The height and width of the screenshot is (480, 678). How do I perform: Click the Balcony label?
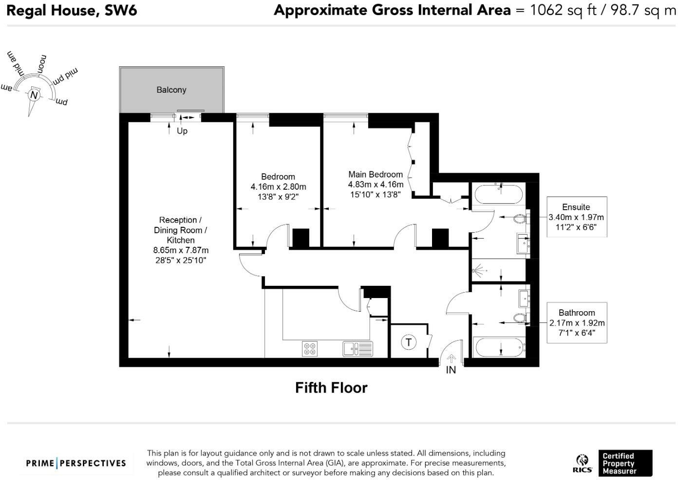(x=171, y=90)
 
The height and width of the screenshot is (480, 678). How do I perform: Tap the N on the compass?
(x=34, y=95)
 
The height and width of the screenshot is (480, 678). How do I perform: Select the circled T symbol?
(x=408, y=342)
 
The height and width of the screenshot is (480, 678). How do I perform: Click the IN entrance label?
(x=451, y=370)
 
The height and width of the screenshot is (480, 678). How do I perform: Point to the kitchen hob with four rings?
(x=310, y=348)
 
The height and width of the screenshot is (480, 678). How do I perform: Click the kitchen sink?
(x=358, y=348)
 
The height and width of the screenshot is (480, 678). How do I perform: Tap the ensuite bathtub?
(x=498, y=195)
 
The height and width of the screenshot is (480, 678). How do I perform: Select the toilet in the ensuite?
(x=520, y=219)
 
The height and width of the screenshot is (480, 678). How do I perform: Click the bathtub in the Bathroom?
(x=499, y=347)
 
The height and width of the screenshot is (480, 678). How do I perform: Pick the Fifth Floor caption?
(x=331, y=388)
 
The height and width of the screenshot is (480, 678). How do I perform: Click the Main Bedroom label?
(x=375, y=174)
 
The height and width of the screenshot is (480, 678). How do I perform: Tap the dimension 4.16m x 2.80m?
(x=278, y=187)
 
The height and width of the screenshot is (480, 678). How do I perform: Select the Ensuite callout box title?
(x=576, y=207)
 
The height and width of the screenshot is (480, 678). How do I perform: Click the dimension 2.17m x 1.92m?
(x=577, y=323)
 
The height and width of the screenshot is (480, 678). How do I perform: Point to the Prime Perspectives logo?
(x=76, y=463)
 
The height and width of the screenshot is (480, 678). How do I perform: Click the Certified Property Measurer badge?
(x=625, y=463)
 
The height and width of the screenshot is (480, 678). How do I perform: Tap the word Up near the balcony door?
(x=182, y=131)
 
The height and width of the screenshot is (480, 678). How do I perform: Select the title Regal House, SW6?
(x=72, y=10)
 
